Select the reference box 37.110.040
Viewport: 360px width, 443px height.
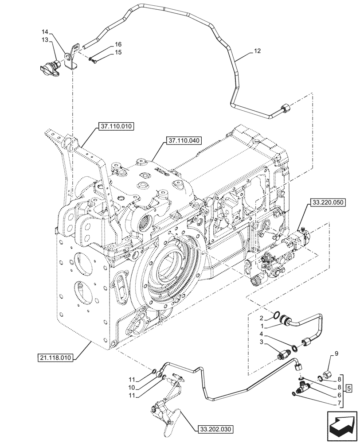click(184, 141)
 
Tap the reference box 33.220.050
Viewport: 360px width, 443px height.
click(314, 201)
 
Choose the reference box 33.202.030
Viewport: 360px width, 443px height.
click(213, 428)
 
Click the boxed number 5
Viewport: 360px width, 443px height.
click(349, 389)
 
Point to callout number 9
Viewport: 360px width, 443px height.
click(336, 354)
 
